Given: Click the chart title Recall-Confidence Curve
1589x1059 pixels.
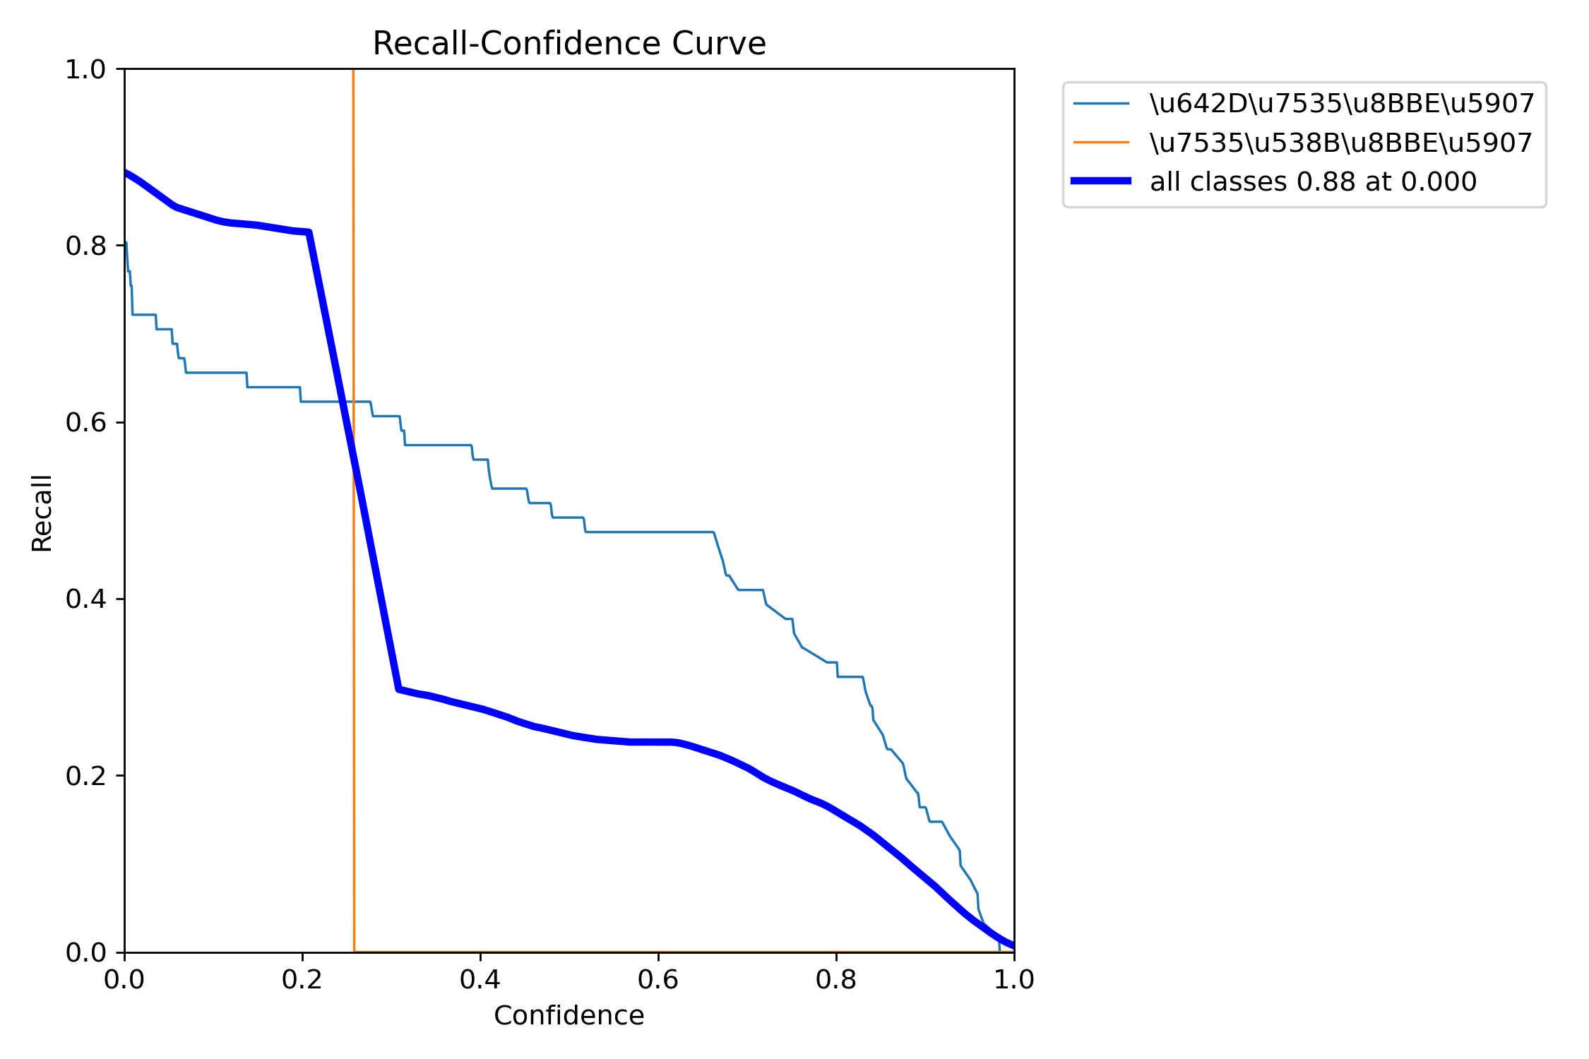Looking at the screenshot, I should pos(569,44).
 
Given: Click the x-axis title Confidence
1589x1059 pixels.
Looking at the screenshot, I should pos(569,1015).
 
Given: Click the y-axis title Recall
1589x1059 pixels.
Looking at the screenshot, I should pos(42,513).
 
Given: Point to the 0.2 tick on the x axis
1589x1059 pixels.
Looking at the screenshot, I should pos(302,979).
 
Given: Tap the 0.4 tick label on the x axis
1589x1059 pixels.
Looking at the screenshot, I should pos(480,979).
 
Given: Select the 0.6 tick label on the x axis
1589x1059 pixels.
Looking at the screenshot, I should pos(658,979).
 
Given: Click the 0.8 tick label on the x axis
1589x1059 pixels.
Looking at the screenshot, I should pos(836,979).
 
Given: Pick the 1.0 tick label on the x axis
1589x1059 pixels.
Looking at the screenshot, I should pos(1014,979).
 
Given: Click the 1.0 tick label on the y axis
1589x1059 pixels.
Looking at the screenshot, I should pos(85,69).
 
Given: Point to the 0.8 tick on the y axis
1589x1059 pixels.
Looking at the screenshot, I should pos(85,246).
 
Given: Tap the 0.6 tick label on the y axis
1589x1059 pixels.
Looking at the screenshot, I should pos(85,422).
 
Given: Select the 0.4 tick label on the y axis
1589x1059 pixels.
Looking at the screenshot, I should pos(85,599).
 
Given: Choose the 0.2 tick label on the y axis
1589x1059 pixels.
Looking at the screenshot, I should pos(85,775).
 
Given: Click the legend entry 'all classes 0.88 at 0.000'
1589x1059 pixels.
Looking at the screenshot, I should pos(1313,181).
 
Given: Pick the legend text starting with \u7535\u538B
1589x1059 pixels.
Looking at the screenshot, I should pos(1340,143).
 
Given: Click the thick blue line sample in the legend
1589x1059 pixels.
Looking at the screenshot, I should pos(1101,181).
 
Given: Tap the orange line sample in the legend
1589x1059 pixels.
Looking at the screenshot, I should pos(1101,143).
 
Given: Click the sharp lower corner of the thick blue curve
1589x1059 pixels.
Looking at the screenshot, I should pos(399,688).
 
